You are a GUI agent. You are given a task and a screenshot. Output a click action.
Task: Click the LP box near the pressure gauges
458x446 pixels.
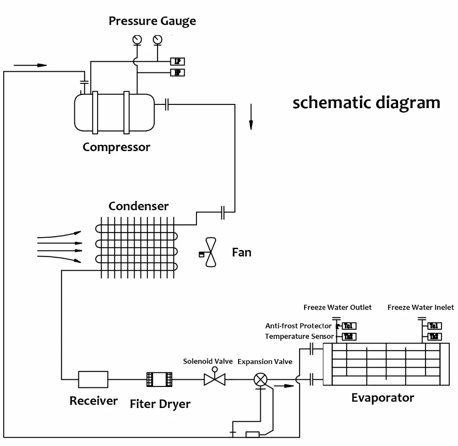178,61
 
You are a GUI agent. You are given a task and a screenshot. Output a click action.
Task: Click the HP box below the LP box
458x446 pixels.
178,72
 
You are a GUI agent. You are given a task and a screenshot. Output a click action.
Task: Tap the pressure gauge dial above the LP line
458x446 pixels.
158,39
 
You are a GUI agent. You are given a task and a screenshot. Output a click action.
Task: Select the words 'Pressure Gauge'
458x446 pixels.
152,21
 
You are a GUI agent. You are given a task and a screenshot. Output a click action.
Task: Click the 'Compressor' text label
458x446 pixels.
116,147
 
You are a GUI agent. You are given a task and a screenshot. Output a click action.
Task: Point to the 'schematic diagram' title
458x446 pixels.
366,102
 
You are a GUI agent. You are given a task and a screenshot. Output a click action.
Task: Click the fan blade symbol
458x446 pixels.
211,252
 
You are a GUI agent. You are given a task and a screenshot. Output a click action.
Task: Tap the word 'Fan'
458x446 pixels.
241,252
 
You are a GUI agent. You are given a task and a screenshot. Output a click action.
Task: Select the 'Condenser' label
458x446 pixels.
138,206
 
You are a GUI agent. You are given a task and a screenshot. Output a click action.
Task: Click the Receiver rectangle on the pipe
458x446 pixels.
93,379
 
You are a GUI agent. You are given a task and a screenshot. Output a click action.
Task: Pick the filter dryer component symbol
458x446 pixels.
159,380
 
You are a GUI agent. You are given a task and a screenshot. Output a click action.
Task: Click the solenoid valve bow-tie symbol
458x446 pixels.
214,379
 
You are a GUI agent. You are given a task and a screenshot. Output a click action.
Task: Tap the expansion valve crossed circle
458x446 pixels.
261,379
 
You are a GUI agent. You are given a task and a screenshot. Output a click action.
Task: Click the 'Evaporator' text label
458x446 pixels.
382,397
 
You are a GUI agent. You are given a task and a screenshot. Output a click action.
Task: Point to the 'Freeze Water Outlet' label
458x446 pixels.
338,307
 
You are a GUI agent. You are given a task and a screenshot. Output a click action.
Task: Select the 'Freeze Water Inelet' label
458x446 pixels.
420,307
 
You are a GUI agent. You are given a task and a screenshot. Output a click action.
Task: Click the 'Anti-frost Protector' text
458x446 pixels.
298,326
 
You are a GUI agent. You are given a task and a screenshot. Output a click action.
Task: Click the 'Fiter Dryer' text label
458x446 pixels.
160,404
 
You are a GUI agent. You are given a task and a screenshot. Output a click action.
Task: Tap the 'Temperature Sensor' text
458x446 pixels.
299,337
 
